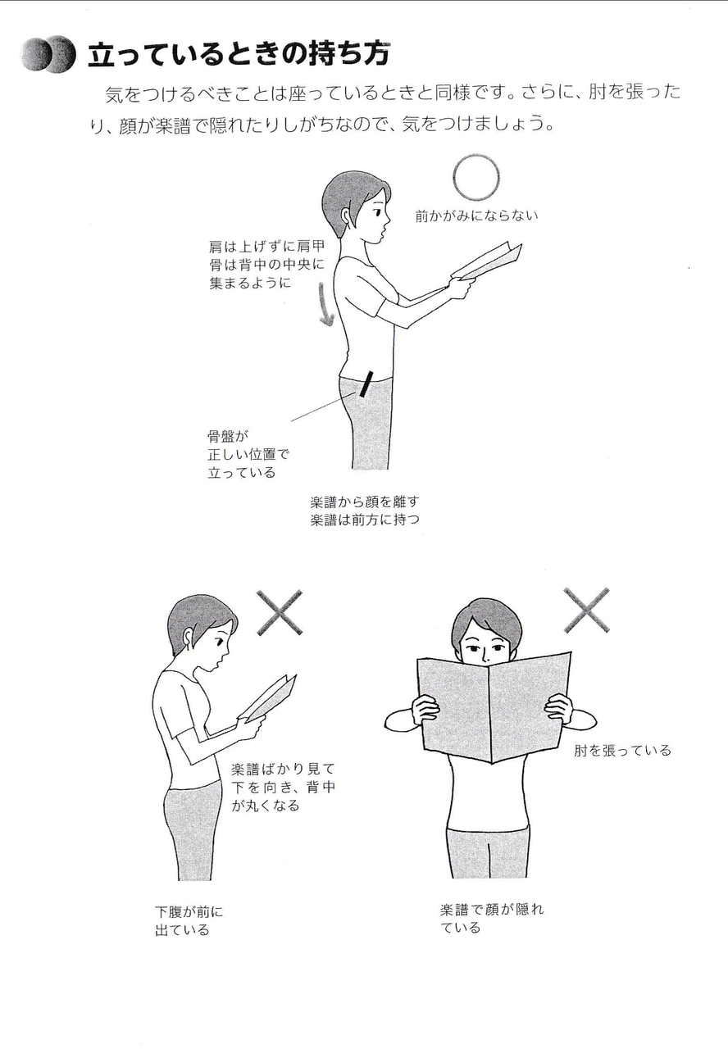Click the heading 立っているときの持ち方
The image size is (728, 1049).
(x=239, y=54)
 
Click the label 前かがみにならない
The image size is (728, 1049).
(x=476, y=216)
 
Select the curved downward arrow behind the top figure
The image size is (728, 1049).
(x=326, y=303)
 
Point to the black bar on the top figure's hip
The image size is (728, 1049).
(x=366, y=384)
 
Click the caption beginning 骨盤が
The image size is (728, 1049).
(x=248, y=454)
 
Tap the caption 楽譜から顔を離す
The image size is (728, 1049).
(x=365, y=502)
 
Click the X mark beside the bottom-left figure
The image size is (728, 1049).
(x=280, y=612)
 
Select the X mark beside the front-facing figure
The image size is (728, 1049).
(x=586, y=611)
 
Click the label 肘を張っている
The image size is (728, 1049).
(x=622, y=751)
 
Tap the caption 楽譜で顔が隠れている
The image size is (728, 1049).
(x=492, y=919)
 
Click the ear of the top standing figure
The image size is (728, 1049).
(x=347, y=216)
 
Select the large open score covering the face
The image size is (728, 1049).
(x=494, y=707)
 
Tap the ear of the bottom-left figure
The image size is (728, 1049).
(x=189, y=637)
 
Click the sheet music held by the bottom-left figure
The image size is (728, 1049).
(x=268, y=697)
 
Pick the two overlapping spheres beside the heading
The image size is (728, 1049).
(x=48, y=54)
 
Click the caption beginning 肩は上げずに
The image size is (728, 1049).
(x=267, y=265)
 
